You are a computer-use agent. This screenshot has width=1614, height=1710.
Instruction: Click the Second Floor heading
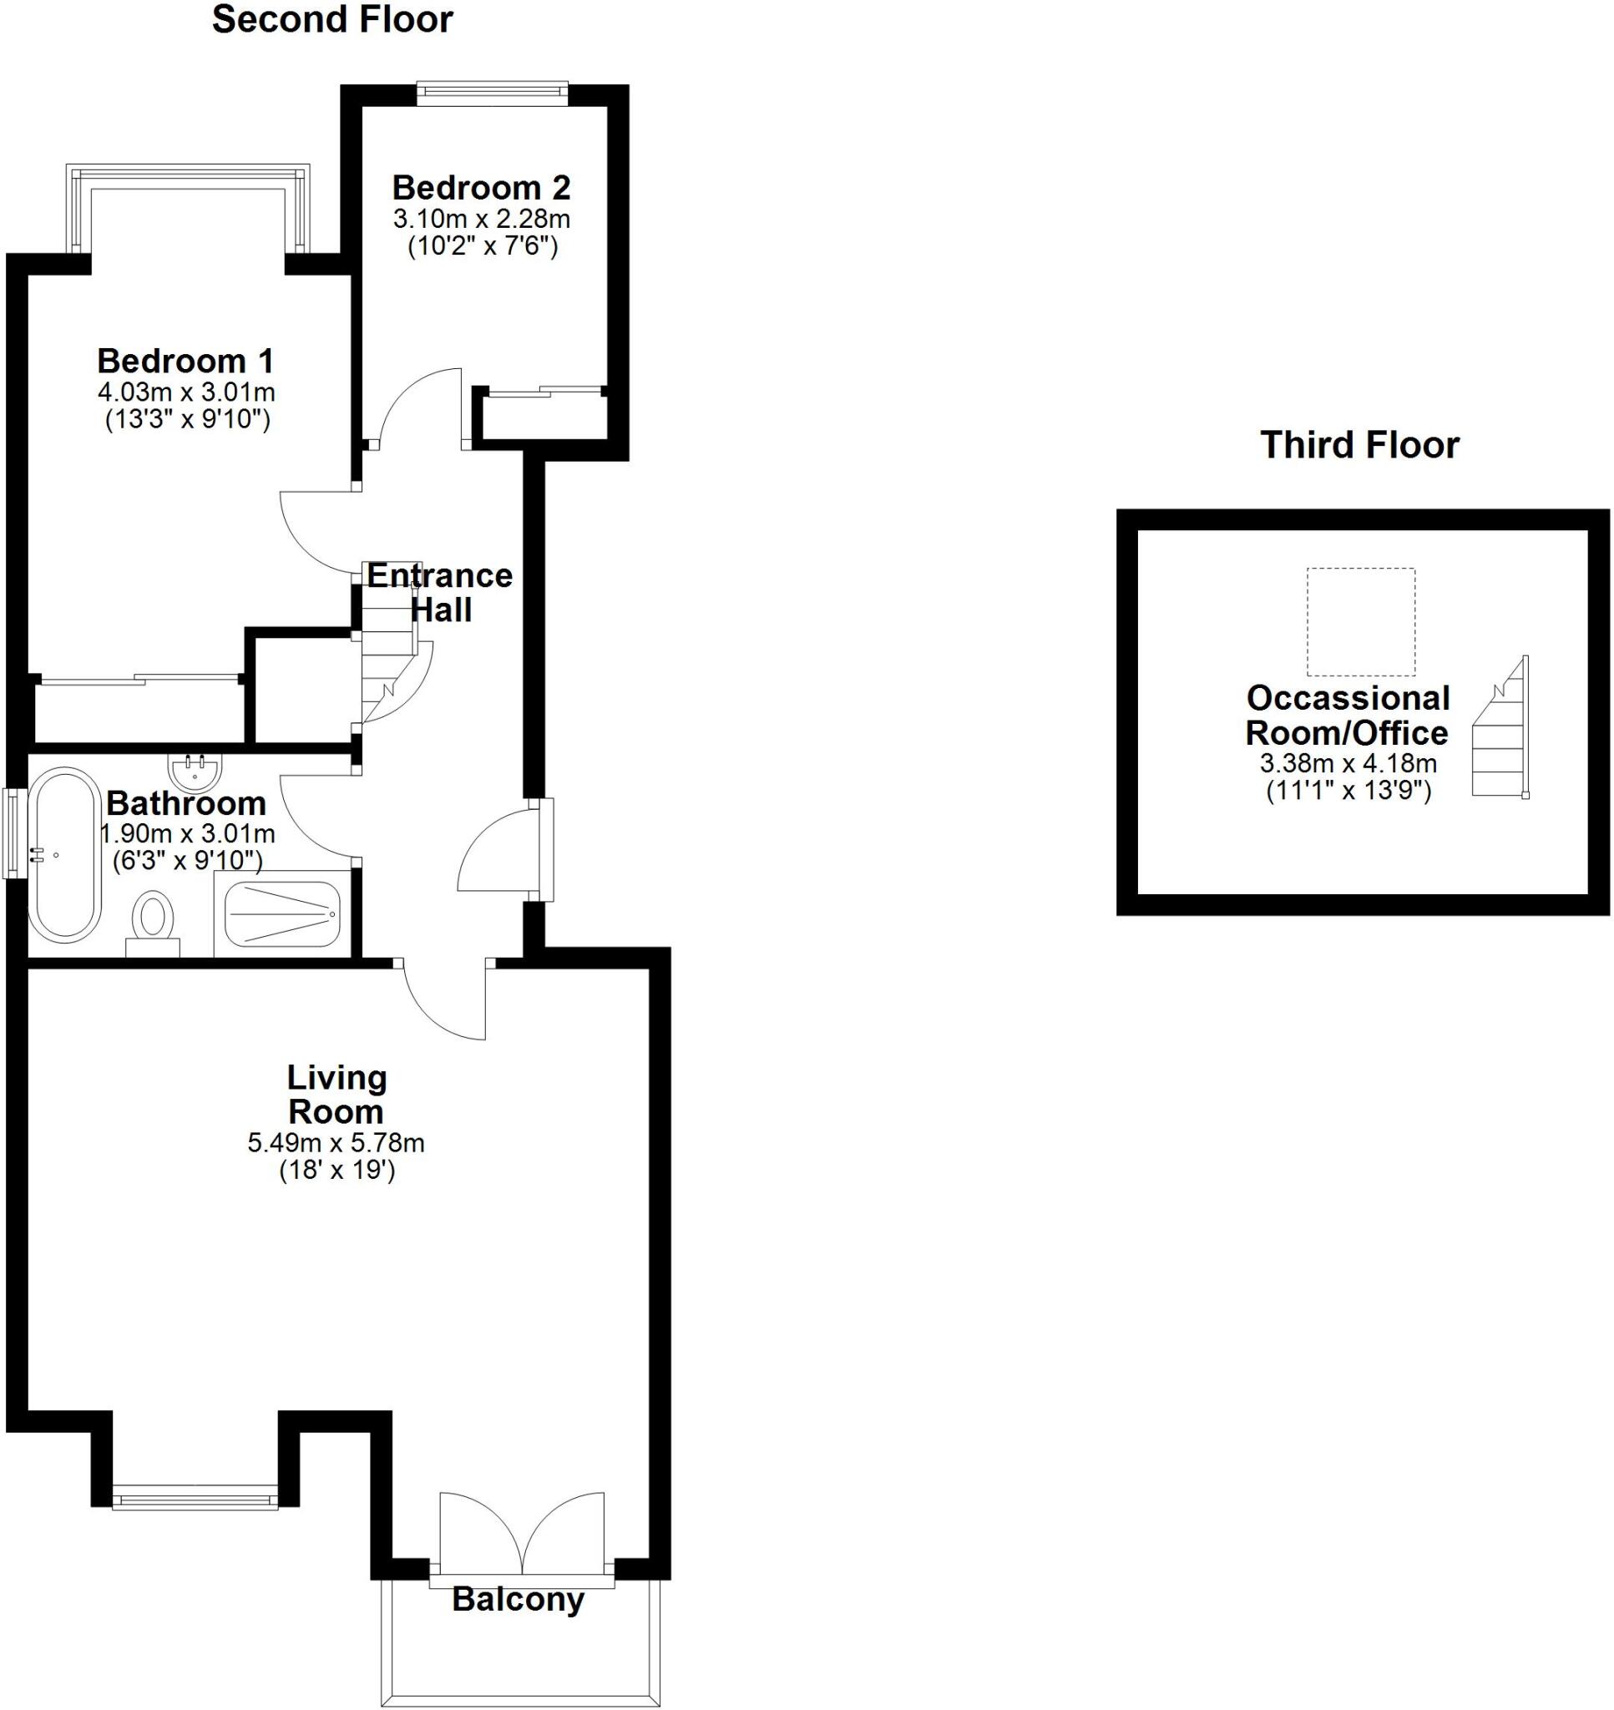pos(332,20)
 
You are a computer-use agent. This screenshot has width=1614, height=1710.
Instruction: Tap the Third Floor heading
pos(1359,445)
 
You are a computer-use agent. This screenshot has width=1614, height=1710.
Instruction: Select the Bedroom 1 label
pos(185,361)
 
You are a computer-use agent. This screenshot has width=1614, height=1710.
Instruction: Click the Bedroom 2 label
pos(481,187)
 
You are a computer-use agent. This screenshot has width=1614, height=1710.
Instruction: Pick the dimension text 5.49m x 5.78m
pos(336,1143)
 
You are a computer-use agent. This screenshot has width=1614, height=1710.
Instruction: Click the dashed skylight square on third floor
pos(1360,621)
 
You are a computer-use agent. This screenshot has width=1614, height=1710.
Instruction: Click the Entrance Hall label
pos(440,592)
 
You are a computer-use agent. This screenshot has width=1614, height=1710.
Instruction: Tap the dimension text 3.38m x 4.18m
pos(1348,762)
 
